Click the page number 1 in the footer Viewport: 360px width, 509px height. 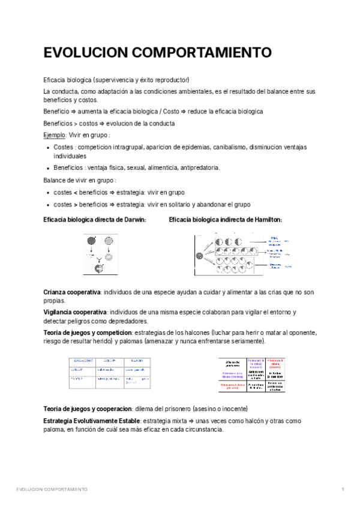pyautogui.click(x=342, y=490)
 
